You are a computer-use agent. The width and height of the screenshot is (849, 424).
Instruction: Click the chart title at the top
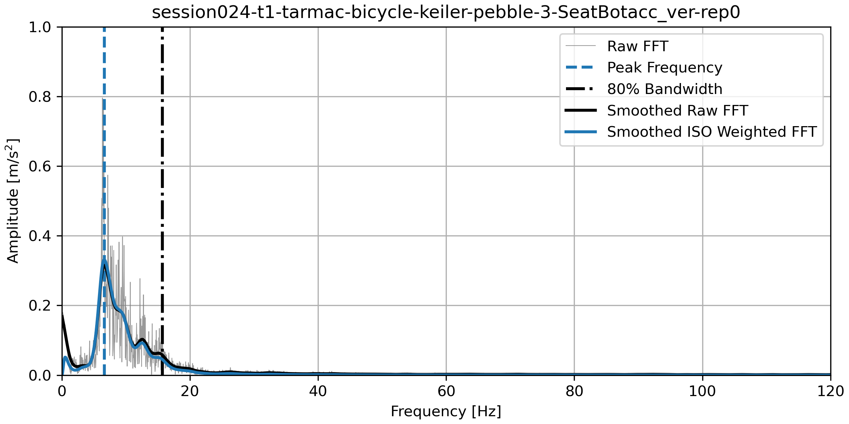446,13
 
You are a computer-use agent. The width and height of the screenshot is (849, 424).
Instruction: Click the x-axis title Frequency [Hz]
446,412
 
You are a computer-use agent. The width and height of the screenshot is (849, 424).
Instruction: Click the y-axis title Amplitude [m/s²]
13,201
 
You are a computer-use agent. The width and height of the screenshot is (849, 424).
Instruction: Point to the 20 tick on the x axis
190,391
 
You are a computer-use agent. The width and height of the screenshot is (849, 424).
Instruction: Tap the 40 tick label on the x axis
318,391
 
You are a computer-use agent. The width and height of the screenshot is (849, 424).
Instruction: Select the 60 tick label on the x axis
446,391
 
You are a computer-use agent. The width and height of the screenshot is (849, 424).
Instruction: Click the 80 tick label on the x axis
574,391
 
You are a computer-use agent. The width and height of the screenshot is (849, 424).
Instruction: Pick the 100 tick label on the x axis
702,391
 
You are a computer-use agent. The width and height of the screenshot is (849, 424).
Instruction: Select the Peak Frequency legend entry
664,67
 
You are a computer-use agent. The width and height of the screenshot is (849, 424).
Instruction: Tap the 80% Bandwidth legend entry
664,89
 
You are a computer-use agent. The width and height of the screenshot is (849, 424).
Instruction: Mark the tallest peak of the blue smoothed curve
104,260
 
